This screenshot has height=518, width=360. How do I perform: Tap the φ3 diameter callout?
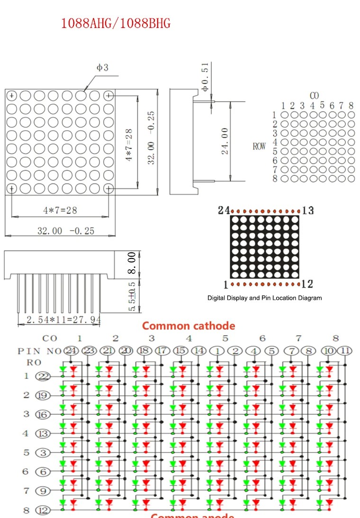click(102, 68)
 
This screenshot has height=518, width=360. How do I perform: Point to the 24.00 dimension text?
click(225, 141)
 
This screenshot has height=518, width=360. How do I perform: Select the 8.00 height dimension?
click(132, 263)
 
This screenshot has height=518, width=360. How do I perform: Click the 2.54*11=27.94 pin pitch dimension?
click(63, 320)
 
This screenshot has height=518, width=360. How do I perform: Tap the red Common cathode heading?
click(189, 326)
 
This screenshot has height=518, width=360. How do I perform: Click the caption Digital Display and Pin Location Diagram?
click(264, 298)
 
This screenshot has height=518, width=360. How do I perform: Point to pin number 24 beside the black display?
click(224, 210)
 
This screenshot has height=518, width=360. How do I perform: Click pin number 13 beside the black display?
click(308, 210)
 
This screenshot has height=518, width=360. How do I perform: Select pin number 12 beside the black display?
click(307, 284)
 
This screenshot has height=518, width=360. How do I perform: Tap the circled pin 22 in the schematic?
click(43, 376)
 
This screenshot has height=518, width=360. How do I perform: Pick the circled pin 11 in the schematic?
click(346, 351)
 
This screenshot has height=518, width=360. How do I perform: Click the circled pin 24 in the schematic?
click(71, 351)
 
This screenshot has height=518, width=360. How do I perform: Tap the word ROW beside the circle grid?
click(259, 146)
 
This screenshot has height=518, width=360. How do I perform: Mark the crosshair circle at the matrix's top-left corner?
click(11, 96)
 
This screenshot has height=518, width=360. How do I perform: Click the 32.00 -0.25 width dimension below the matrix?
click(66, 231)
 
